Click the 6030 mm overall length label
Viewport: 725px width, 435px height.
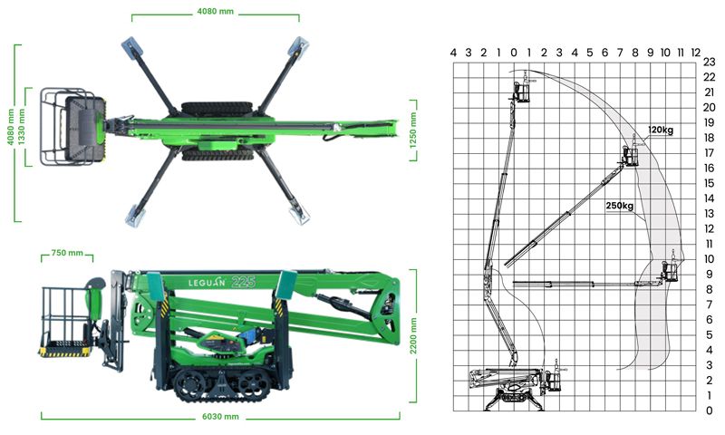pos(219,417)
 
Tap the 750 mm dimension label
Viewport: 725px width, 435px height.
pos(67,253)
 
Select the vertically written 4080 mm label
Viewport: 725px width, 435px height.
pos(11,127)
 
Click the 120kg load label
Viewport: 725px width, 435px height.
pos(661,130)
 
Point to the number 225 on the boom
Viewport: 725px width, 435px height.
pos(242,282)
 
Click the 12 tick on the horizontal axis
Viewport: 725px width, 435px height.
pos(695,53)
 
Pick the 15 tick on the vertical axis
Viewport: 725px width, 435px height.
pos(709,183)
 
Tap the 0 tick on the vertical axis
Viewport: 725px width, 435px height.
pos(709,411)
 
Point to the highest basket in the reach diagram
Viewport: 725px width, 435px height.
pos(522,91)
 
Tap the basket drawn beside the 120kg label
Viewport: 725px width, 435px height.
pos(630,156)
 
